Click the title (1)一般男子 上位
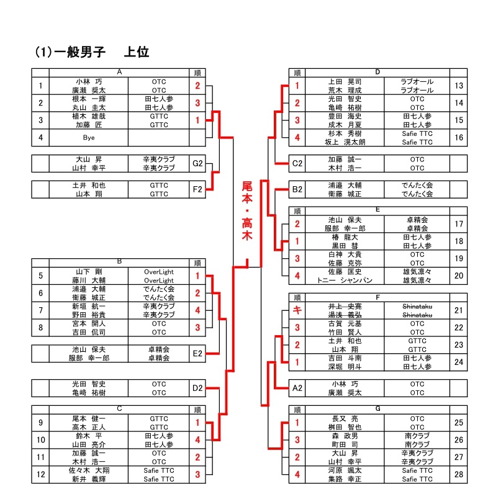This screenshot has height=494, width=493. [91, 52]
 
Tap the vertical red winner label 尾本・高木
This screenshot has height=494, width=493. [247, 210]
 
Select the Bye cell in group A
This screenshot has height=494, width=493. [89, 137]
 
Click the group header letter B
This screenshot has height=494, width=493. [119, 262]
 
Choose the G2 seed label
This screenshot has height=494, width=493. [197, 163]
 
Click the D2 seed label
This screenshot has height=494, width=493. [197, 388]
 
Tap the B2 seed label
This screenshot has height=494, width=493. [297, 189]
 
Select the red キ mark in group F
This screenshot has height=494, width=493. [297, 310]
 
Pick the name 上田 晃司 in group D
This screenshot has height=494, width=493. [345, 81]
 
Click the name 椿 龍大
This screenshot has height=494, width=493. [345, 236]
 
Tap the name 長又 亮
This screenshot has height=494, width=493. [345, 419]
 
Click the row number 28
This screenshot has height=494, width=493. [459, 475]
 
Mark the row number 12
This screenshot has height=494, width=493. [40, 475]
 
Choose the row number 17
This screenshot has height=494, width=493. [459, 223]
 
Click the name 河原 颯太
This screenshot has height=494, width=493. [345, 470]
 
